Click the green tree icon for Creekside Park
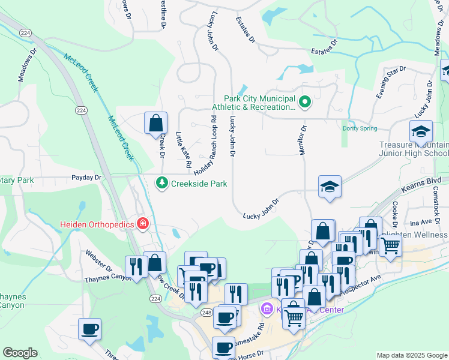point(161,183)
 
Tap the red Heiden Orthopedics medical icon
point(143,224)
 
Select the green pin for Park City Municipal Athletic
point(304,103)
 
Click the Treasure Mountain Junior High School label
point(414,149)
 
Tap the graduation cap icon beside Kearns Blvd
point(330,187)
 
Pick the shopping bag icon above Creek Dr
point(155,123)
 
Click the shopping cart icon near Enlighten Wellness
point(390,245)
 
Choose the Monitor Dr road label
point(303,140)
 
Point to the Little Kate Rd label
point(183,149)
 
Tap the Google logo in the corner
point(20,353)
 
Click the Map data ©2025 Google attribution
point(411,355)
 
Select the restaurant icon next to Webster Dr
point(134,266)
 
